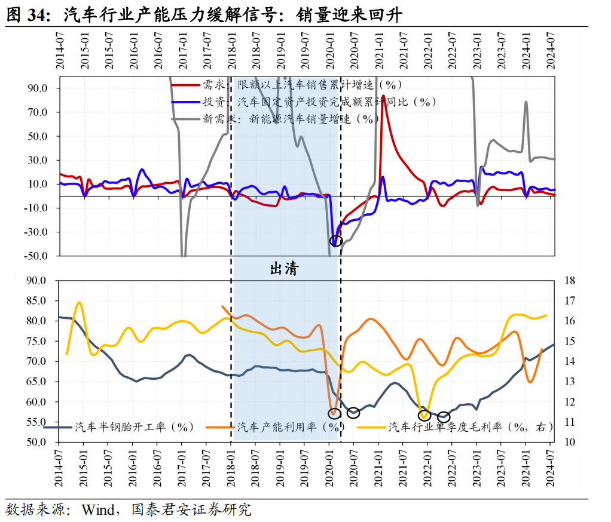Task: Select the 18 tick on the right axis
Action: [570, 281]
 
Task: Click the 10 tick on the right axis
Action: [570, 443]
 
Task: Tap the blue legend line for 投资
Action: [185, 102]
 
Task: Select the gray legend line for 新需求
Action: [185, 118]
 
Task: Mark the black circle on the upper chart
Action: [336, 241]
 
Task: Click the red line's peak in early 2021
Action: [383, 96]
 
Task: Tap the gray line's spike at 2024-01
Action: [526, 102]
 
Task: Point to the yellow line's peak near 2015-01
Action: [79, 303]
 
